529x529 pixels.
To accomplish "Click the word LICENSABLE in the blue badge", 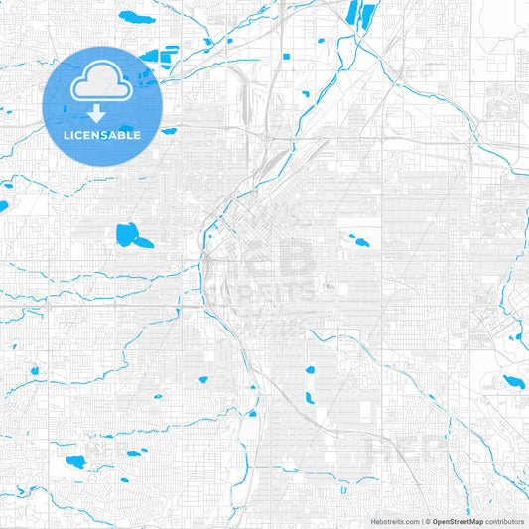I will pos(103,134).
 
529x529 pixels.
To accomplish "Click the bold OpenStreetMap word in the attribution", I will pos(458,520).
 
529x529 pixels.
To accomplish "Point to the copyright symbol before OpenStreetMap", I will pos(427,520).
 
